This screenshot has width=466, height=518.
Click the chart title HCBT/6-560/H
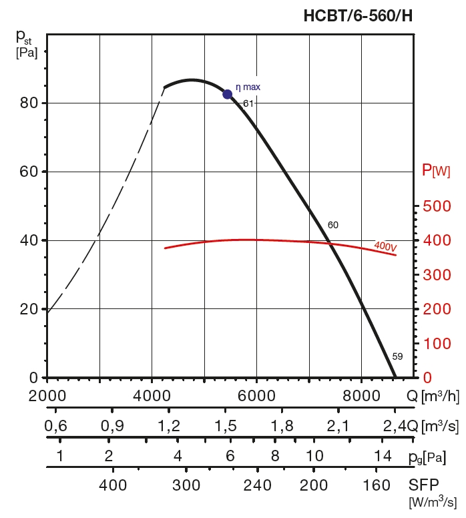pyautogui.click(x=359, y=15)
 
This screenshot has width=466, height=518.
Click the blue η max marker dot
pyautogui.click(x=227, y=94)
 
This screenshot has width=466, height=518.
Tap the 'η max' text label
pyautogui.click(x=248, y=87)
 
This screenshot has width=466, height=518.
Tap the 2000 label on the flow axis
pyautogui.click(x=47, y=395)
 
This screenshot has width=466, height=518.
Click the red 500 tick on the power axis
pyautogui.click(x=438, y=206)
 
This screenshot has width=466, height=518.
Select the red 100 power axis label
pyautogui.click(x=438, y=344)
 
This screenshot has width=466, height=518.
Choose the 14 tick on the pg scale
pyautogui.click(x=383, y=457)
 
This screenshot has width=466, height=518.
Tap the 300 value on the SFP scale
pyautogui.click(x=186, y=485)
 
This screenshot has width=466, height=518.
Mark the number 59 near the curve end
pyautogui.click(x=397, y=356)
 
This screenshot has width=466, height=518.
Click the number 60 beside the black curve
pyautogui.click(x=332, y=225)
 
